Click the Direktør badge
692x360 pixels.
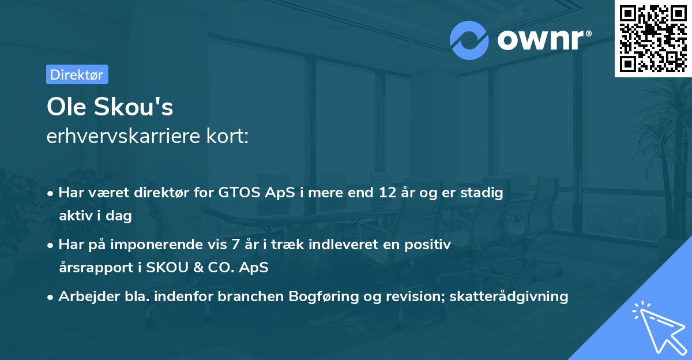pyautogui.click(x=77, y=74)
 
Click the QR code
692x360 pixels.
pyautogui.click(x=653, y=38)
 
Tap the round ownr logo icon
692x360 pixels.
pyautogui.click(x=469, y=40)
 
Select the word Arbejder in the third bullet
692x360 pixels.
pyautogui.click(x=84, y=297)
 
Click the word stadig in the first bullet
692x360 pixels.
pyautogui.click(x=484, y=193)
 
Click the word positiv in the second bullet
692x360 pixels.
pyautogui.click(x=430, y=245)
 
